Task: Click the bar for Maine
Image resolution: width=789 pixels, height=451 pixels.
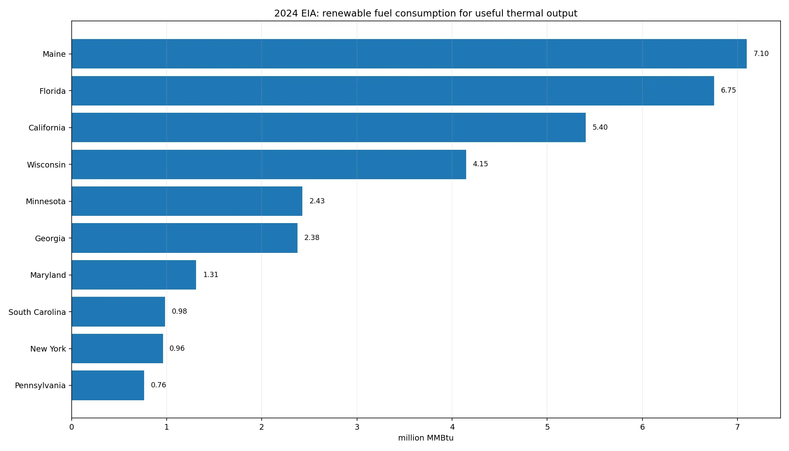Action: tap(409, 54)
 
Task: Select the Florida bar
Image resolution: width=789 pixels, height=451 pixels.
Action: tap(393, 91)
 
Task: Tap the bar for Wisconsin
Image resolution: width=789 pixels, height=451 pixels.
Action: tap(269, 164)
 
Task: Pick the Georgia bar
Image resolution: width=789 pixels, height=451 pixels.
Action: tap(184, 238)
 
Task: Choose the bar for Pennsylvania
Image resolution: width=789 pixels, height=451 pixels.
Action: tap(108, 385)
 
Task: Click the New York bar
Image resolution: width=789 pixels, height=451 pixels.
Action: tap(117, 348)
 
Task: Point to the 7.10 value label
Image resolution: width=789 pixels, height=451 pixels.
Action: tap(761, 54)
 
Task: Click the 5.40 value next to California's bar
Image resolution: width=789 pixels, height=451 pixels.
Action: tap(600, 127)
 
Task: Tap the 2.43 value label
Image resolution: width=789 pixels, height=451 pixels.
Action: tap(317, 201)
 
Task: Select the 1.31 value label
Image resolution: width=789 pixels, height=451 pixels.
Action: tap(211, 275)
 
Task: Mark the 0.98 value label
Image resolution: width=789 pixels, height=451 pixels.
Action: tap(179, 311)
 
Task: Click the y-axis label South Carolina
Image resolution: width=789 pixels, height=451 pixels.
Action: tap(37, 312)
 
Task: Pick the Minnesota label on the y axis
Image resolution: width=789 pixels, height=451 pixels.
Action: tap(45, 201)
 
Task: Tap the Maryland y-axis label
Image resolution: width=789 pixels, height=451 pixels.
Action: tap(48, 275)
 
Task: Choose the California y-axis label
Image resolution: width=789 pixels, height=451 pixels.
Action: tap(47, 128)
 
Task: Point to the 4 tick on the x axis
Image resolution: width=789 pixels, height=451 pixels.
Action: tap(452, 427)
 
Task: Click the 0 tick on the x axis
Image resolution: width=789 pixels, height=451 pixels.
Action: tap(72, 427)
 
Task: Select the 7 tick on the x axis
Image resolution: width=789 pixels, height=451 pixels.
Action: tap(737, 427)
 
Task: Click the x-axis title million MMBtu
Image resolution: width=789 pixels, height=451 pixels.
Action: tap(426, 438)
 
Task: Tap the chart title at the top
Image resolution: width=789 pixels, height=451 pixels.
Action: tap(426, 13)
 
